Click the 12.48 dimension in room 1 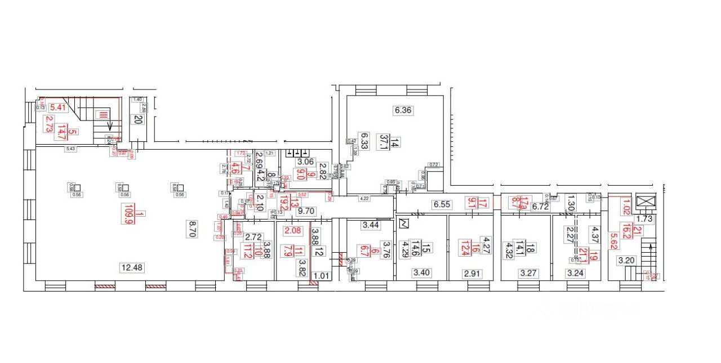(131, 268)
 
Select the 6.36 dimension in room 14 (403, 110)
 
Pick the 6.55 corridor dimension (442, 205)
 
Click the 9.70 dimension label (307, 212)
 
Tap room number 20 (137, 119)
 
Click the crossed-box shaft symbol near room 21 (643, 202)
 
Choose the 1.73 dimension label (644, 218)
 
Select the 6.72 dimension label (540, 207)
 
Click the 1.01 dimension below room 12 (321, 276)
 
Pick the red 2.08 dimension (293, 231)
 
